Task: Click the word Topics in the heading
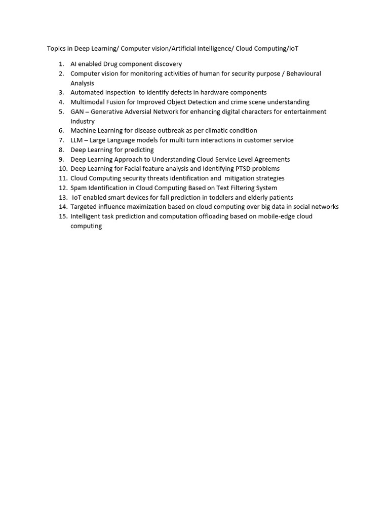tap(56, 49)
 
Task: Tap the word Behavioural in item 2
tap(303, 73)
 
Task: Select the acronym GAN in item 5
tap(77, 112)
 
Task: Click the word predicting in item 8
tap(139, 150)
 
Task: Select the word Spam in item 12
tap(79, 188)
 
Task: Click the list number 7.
tap(61, 140)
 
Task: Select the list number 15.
tap(62, 216)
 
